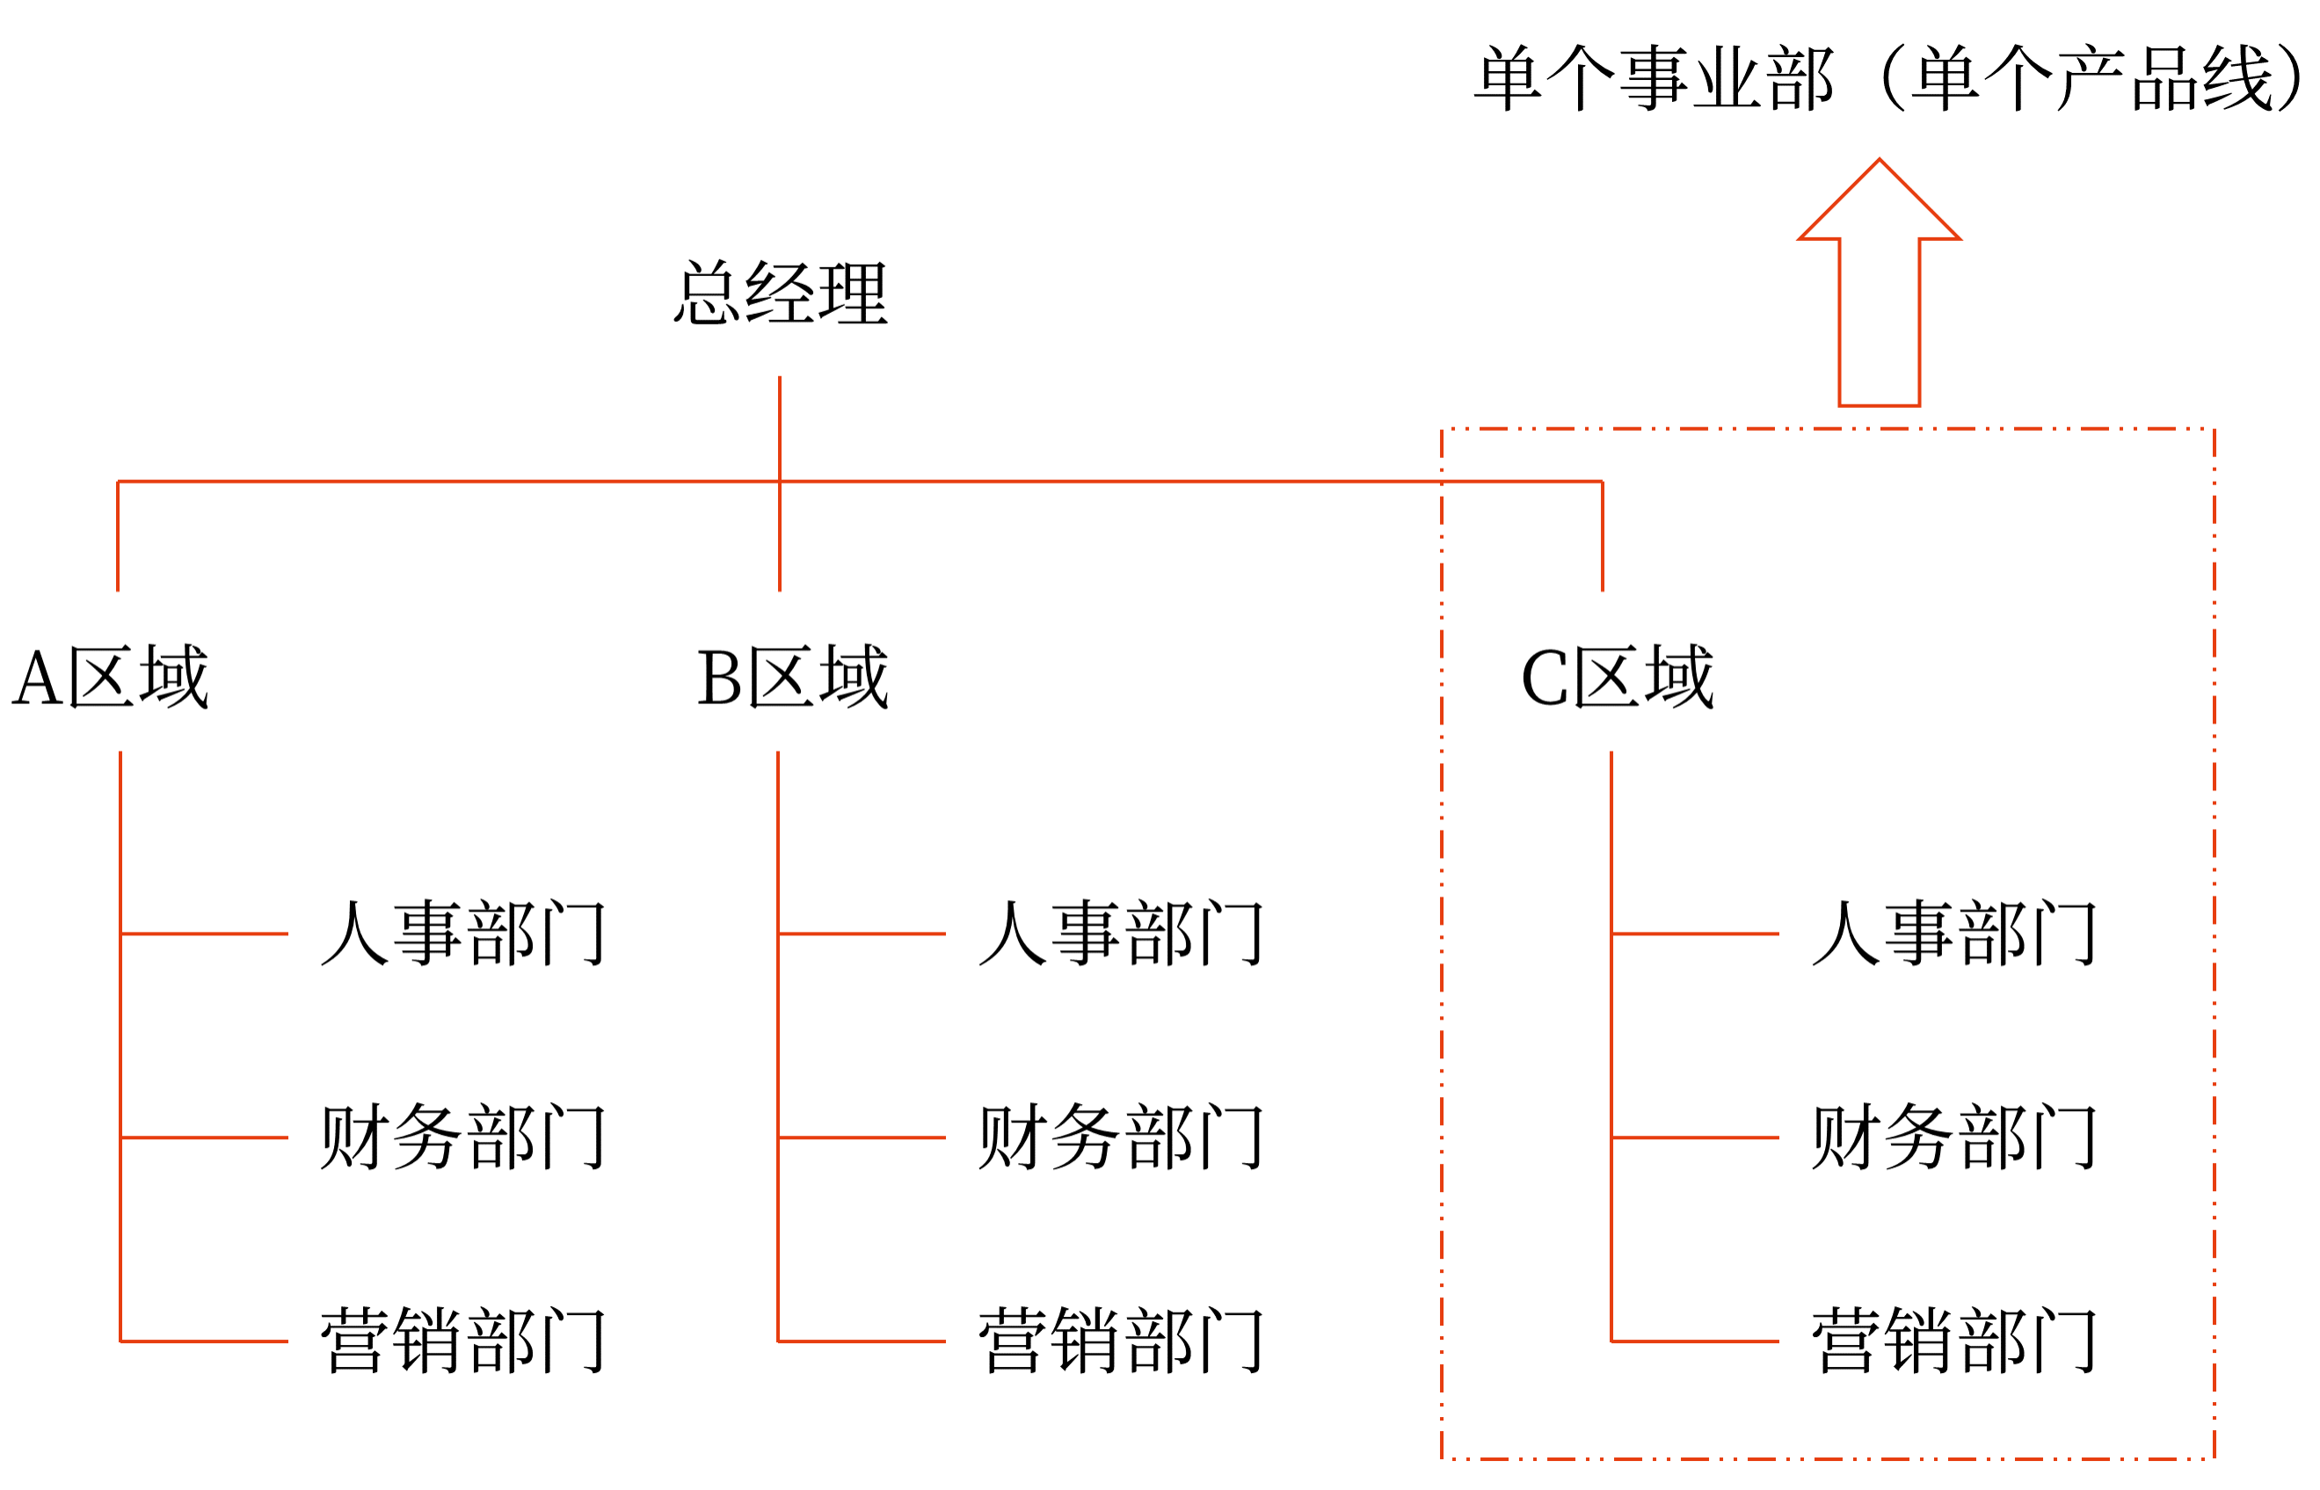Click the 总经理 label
(x=780, y=292)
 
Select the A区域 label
(x=110, y=677)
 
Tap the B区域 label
(x=791, y=677)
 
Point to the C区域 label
(x=1617, y=677)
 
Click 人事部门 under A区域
(x=462, y=934)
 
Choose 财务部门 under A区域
(x=462, y=1137)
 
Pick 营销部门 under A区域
(x=462, y=1341)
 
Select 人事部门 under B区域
(x=1120, y=934)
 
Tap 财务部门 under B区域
(x=1120, y=1137)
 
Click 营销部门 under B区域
(x=1120, y=1341)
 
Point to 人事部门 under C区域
(x=1953, y=934)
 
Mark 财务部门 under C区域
(x=1953, y=1137)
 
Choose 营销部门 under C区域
(x=1953, y=1341)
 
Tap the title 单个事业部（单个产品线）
(x=1887, y=77)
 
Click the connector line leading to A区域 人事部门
(x=204, y=934)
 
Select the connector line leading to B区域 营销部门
(x=861, y=1341)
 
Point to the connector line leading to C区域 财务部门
(x=1695, y=1137)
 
